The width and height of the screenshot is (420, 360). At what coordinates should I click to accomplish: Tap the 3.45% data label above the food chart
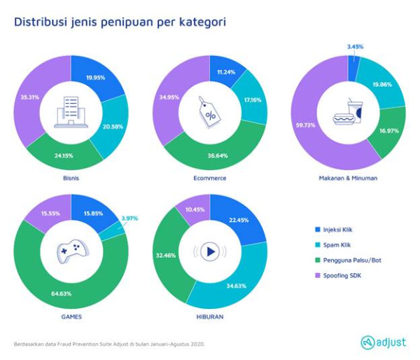355,47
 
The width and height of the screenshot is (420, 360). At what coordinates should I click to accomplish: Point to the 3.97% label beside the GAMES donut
129,219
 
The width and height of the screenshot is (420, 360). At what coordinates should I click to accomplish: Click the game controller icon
72,251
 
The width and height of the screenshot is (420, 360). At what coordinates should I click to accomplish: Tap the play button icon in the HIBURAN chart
210,251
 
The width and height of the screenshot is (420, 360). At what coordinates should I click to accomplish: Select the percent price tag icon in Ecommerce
209,112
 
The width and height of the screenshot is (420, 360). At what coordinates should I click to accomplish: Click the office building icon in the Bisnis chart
71,112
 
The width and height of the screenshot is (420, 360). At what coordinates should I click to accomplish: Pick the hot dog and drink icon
348,112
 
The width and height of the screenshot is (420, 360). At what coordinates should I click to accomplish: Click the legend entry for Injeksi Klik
335,230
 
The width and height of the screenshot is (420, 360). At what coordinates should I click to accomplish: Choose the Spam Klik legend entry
333,245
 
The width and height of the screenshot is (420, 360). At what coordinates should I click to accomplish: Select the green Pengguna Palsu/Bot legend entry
348,261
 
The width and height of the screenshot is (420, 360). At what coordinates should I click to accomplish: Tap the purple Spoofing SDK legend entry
338,275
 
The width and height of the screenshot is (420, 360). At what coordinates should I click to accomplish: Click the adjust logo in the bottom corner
384,342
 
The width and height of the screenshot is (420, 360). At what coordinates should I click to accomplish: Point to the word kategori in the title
202,22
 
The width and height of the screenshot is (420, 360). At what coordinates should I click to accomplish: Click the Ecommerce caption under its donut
210,179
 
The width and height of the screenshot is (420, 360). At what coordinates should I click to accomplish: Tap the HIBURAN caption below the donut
210,317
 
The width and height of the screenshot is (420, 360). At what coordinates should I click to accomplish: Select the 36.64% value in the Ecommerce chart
218,155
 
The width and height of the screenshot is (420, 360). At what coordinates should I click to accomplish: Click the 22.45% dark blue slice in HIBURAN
239,221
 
